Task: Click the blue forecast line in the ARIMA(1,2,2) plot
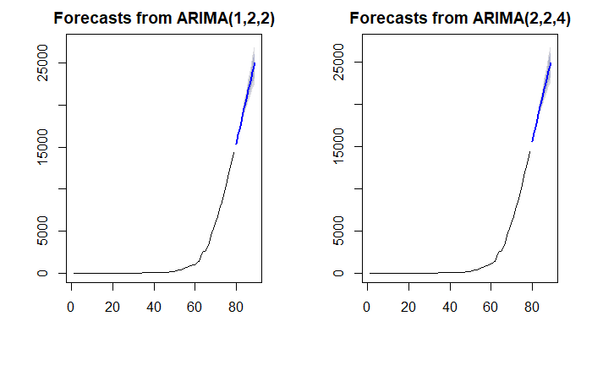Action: click(x=245, y=101)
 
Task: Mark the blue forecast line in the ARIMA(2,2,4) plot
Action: click(x=541, y=101)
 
